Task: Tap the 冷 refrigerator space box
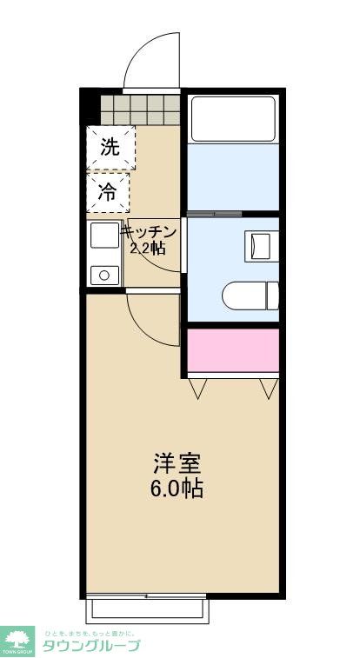[109, 192]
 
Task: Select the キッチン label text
[149, 232]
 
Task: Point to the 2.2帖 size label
[147, 248]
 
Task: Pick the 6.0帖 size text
[178, 488]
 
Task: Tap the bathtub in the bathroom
[232, 118]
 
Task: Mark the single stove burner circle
[104, 276]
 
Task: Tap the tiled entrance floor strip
[139, 110]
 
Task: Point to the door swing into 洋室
[152, 320]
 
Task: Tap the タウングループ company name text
[90, 646]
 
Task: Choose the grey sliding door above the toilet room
[214, 213]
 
